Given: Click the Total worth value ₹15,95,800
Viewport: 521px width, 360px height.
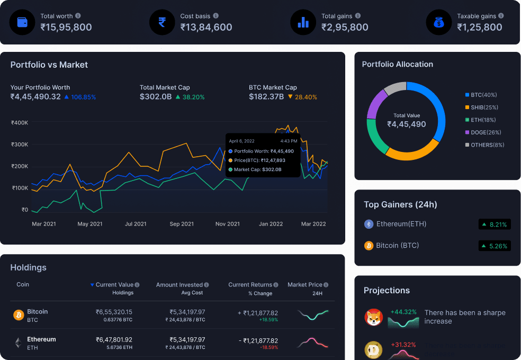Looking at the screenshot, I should coord(66,27).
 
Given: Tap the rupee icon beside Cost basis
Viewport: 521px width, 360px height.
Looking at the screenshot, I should coord(162,22).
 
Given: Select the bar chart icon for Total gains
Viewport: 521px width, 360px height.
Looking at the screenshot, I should coord(303,22).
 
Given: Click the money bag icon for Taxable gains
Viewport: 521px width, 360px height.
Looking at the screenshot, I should coord(439,22).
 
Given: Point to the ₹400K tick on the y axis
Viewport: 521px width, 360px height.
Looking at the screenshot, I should coord(20,122).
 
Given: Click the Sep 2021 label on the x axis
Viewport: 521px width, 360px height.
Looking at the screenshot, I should coord(182,224).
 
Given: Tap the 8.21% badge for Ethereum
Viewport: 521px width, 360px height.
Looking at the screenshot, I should coord(495,224).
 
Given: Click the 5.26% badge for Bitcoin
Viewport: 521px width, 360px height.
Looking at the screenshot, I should coord(495,246).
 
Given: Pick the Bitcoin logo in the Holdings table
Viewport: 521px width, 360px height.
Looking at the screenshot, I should coord(19,315).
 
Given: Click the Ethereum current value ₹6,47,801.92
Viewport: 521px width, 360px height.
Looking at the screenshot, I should coord(114,339).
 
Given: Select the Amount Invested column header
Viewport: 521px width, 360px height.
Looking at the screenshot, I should coord(179,285).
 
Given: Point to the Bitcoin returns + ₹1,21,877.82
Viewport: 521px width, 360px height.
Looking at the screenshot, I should coord(258,313).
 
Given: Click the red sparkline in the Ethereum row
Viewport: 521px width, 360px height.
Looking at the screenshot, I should coord(313,343).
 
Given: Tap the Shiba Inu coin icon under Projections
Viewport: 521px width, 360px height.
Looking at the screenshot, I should coord(374,317).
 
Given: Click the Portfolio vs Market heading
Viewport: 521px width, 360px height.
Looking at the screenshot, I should coord(49,65).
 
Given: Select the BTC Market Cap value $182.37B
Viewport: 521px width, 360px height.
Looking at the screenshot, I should coord(266,97).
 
